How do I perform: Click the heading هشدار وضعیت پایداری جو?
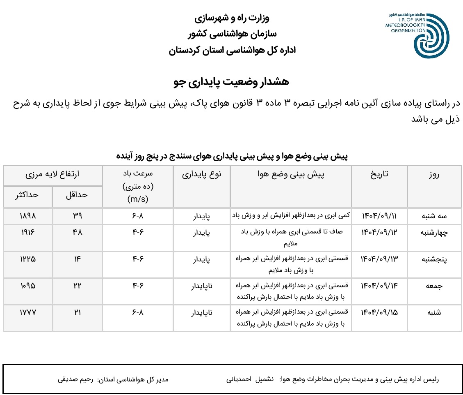pos(231,82)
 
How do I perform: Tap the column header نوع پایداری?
pos(202,175)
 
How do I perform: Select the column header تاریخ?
pos(379,175)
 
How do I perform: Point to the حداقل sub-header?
pos(77,196)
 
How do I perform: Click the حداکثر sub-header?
pos(27,196)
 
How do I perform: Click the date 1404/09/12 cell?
pos(379,232)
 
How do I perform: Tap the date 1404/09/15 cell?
pos(379,312)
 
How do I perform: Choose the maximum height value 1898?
pos(28,216)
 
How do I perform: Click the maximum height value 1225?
pos(28,259)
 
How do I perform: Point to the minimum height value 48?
pos(77,232)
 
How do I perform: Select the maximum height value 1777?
pos(28,312)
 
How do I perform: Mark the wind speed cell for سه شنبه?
pos(138,216)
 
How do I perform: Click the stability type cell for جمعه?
pos(202,286)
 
